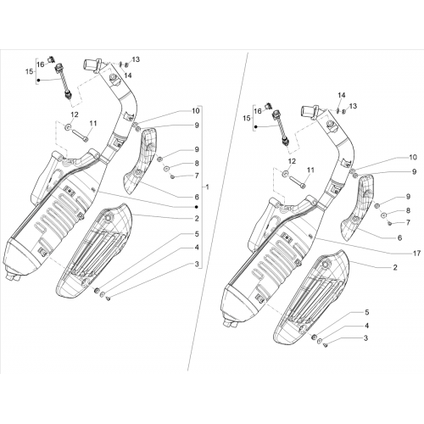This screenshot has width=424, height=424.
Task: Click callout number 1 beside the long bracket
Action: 208,187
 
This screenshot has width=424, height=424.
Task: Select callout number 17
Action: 417,254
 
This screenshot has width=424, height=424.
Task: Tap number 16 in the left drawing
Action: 41,64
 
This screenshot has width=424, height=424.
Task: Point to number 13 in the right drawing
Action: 353,106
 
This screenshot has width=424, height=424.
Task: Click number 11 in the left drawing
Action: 93,123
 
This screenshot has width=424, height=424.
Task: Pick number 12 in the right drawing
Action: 292,161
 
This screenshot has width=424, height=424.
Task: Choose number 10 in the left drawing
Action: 196,110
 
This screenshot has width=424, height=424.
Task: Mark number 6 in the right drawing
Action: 399,238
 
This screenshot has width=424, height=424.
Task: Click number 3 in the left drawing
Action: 197,265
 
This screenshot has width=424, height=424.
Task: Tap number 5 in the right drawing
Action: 366,312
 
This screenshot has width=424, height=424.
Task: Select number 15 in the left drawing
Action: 30,71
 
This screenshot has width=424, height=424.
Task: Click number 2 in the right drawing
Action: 395,267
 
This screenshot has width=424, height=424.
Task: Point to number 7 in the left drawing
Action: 197,176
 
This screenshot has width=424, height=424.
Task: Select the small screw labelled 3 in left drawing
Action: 108,298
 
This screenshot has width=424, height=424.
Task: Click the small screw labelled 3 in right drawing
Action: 325,345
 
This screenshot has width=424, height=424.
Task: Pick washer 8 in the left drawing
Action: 166,169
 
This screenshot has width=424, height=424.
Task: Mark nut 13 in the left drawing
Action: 126,64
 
